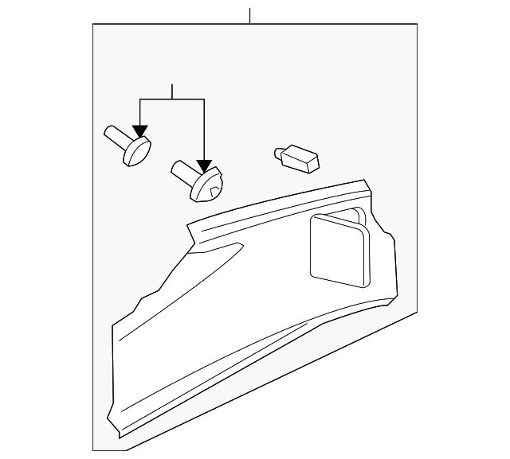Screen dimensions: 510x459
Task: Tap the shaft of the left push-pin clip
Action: [116, 137]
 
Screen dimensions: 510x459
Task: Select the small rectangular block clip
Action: [301, 158]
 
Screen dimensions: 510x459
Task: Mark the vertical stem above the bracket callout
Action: [172, 91]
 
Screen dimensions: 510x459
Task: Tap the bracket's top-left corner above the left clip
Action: [140, 99]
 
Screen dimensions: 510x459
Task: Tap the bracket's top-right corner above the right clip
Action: [205, 99]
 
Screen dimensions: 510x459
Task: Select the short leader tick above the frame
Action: [249, 15]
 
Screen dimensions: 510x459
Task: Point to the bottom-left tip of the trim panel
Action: [120, 436]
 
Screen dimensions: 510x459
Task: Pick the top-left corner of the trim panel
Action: [187, 225]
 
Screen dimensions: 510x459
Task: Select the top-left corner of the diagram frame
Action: [93, 25]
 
